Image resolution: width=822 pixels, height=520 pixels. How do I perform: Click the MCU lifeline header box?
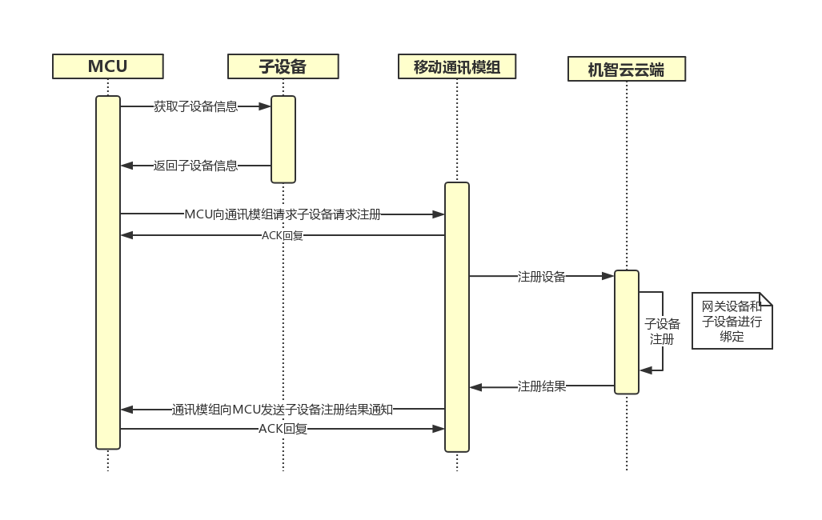tap(108, 66)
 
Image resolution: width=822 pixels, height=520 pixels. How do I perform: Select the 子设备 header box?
tap(283, 66)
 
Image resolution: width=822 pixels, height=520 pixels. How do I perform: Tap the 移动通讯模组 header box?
tap(457, 66)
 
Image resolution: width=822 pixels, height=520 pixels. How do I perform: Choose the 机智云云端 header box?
tap(627, 69)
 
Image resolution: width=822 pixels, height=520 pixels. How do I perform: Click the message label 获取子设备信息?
tap(195, 106)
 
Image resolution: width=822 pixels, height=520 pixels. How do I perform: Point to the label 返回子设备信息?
tap(195, 166)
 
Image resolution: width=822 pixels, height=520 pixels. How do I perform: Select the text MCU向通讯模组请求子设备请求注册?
tap(283, 214)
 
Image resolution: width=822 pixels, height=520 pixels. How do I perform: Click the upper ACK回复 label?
tap(283, 236)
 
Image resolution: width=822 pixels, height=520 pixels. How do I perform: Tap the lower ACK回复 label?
tap(283, 429)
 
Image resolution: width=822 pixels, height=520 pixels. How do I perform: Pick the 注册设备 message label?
tap(542, 277)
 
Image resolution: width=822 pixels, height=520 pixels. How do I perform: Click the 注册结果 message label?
tap(542, 386)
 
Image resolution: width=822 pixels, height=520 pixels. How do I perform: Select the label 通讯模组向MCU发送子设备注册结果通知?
tap(283, 410)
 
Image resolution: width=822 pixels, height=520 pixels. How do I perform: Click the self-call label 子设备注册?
tap(662, 331)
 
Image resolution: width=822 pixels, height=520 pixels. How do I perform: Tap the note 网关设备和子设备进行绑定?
tap(732, 321)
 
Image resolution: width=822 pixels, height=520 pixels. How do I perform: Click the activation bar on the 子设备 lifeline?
tap(283, 139)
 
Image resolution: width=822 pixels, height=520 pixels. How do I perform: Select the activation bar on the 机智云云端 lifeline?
tap(627, 332)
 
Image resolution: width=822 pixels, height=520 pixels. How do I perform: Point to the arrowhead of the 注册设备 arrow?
tap(608, 276)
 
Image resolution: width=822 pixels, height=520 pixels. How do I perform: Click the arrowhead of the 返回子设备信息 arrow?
tap(126, 166)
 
